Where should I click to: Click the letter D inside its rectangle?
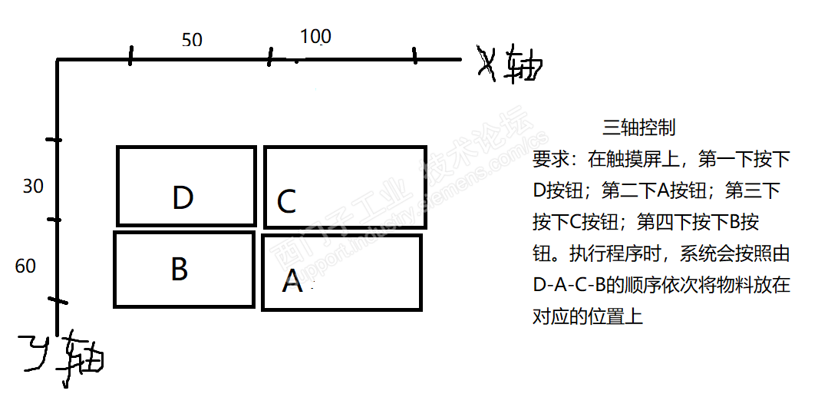pyautogui.click(x=183, y=198)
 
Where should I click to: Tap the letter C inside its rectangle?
pyautogui.click(x=286, y=202)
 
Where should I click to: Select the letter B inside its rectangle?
pyautogui.click(x=179, y=270)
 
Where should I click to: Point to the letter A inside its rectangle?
pyautogui.click(x=292, y=282)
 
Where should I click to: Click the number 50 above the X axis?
pyautogui.click(x=192, y=39)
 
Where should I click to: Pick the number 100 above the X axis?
pyautogui.click(x=315, y=36)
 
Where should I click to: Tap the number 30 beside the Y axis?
pyautogui.click(x=33, y=187)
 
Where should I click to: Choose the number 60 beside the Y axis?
pyautogui.click(x=25, y=267)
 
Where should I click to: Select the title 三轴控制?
pyautogui.click(x=639, y=127)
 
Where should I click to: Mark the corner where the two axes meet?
pyautogui.click(x=58, y=60)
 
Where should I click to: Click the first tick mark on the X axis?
pyautogui.click(x=130, y=55)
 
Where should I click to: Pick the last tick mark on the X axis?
pyautogui.click(x=414, y=55)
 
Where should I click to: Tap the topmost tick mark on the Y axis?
pyautogui.click(x=53, y=140)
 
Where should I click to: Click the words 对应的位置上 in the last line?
pyautogui.click(x=588, y=316)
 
